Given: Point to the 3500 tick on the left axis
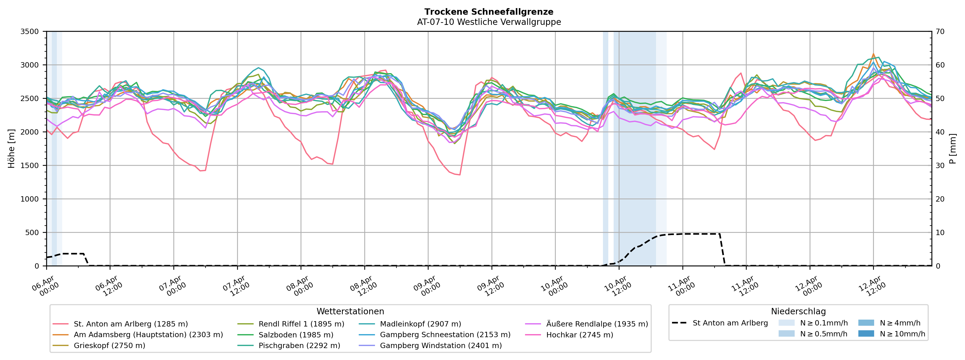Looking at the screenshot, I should click(30, 32).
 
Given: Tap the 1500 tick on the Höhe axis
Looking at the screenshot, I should click(30, 166).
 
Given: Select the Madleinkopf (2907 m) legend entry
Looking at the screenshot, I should click(420, 324).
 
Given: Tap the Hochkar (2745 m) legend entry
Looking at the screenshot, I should click(580, 335).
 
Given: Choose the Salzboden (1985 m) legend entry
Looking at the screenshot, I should click(296, 335).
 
